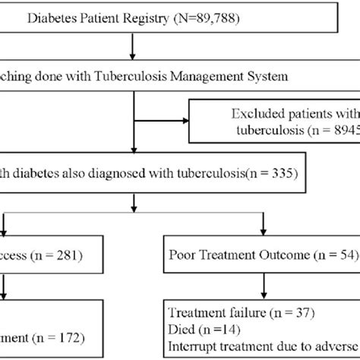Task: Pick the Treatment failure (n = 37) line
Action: [x=232, y=312]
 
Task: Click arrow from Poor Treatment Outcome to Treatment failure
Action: [x=263, y=286]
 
